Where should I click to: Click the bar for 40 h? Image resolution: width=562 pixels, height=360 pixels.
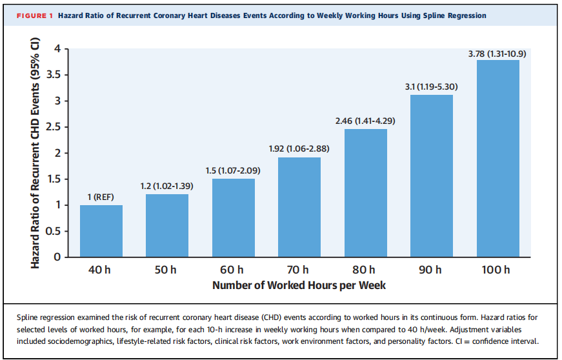[x=101, y=231]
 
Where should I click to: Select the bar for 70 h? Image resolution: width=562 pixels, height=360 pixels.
[x=299, y=207]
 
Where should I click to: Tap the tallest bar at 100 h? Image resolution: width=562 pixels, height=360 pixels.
[x=498, y=158]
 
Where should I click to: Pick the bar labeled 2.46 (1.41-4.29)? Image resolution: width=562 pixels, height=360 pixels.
[x=366, y=193]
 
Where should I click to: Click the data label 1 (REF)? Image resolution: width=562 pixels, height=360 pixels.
[x=101, y=197]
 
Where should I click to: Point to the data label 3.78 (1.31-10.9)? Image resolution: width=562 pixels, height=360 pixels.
[x=497, y=54]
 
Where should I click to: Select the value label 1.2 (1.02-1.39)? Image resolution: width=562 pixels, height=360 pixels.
[x=166, y=186]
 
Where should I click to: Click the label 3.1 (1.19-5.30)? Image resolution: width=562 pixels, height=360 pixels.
[x=431, y=86]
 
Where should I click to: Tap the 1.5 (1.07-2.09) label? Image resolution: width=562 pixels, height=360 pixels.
[x=233, y=170]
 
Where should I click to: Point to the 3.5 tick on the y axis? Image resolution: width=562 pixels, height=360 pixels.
[x=53, y=75]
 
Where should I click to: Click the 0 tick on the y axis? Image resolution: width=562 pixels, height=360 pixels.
[x=57, y=257]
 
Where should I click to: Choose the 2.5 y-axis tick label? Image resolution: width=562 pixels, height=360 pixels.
[x=53, y=127]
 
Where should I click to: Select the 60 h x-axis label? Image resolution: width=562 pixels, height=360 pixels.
[x=232, y=270]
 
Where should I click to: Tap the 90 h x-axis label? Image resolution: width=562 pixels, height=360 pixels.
[x=430, y=270]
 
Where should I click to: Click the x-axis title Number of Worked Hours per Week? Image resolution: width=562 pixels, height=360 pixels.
[x=299, y=285]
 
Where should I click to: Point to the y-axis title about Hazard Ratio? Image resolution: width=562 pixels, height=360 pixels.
[x=35, y=153]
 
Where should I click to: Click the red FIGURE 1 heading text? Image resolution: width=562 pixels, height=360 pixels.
[x=35, y=15]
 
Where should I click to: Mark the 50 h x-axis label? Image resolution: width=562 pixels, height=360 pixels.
[x=166, y=270]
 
